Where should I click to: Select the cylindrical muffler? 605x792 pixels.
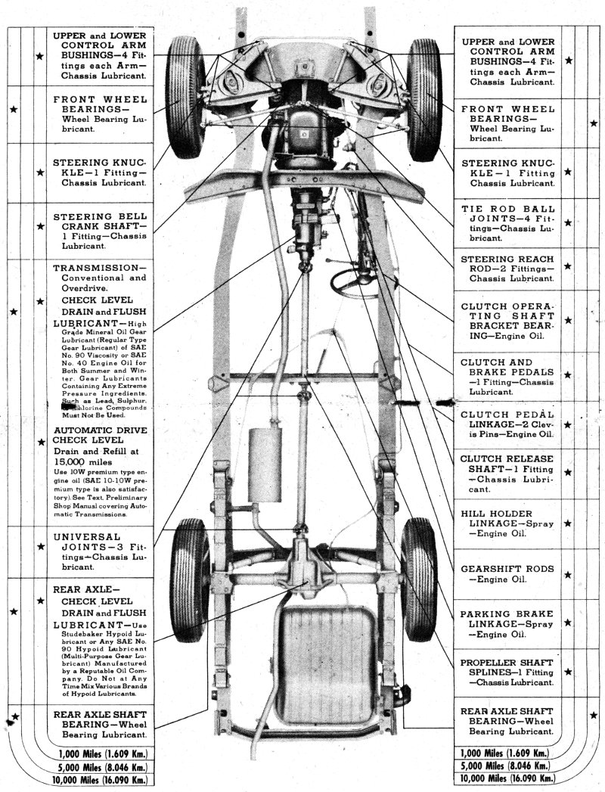pos(265,465)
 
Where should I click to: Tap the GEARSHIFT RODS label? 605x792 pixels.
pos(507,574)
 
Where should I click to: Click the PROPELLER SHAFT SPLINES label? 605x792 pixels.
pos(507,671)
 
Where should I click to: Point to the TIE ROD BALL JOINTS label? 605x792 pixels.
pos(507,223)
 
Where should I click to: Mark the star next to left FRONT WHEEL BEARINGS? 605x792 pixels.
pos(14,109)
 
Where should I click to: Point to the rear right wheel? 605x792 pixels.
pos(420,579)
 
